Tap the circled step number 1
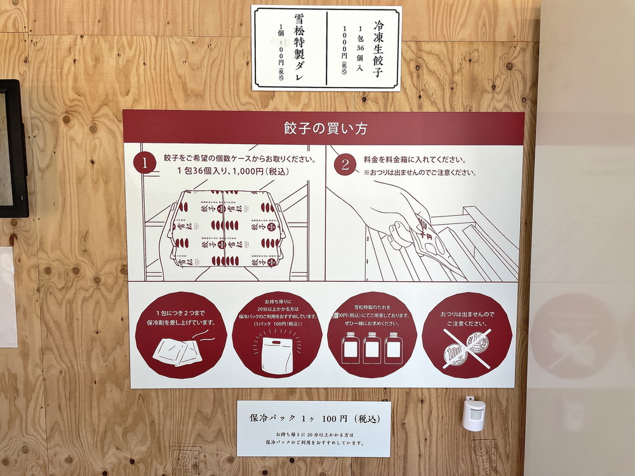pos(145,164)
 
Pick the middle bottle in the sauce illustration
pos(372,348)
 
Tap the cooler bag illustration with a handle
pos(276,355)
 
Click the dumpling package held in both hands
pos(225,228)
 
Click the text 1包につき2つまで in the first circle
pos(180,313)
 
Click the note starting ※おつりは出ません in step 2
pos(419,173)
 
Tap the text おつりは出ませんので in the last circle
pos(467,314)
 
